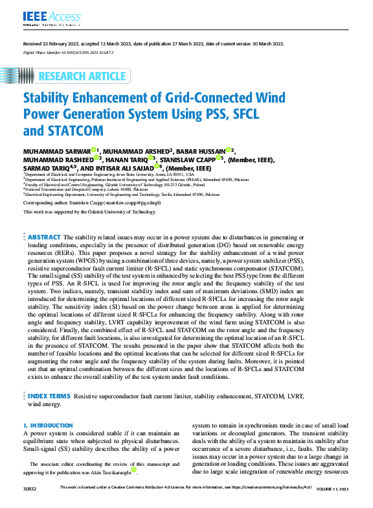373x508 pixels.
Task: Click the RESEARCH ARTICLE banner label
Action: [x=82, y=76]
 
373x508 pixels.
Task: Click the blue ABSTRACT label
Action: [x=45, y=238]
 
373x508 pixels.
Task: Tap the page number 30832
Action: [x=30, y=487]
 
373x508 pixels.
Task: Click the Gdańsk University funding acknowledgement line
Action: [x=89, y=212]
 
